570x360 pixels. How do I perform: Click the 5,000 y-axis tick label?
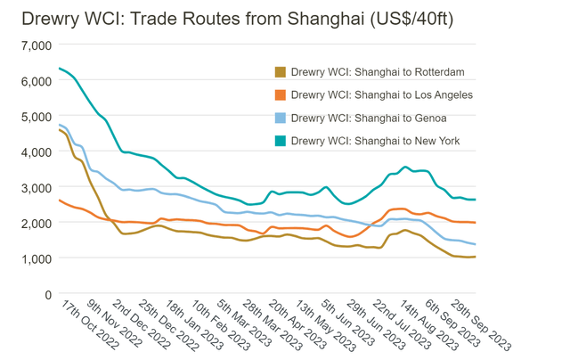[x=34, y=116]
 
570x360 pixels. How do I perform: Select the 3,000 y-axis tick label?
[x=34, y=187]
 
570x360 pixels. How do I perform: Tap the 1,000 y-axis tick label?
[x=34, y=258]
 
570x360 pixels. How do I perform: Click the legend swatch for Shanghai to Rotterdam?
[x=280, y=72]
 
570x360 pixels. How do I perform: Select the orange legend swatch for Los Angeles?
[x=280, y=94]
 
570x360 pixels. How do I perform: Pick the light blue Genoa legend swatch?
[x=280, y=118]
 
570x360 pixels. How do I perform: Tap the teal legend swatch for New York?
[x=280, y=140]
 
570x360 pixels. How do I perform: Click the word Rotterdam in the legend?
[x=435, y=72]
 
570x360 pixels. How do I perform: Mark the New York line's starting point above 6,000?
[x=59, y=69]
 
